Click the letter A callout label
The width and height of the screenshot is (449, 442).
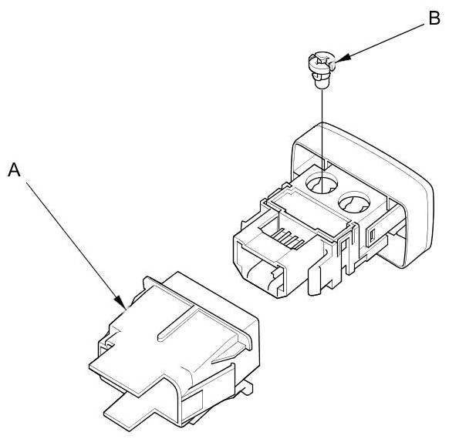(x=14, y=170)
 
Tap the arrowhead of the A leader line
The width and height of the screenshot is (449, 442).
(x=120, y=303)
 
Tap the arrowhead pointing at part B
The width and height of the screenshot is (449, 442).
(x=343, y=58)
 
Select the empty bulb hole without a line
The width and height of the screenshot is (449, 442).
(x=354, y=202)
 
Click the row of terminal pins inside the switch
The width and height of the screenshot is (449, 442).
(x=288, y=238)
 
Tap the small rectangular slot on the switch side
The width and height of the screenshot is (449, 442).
(x=373, y=236)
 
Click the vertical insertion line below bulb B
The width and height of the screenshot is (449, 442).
(x=322, y=140)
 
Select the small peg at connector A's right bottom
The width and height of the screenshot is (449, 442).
(x=248, y=387)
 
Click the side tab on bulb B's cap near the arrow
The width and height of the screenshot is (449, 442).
(x=333, y=66)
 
